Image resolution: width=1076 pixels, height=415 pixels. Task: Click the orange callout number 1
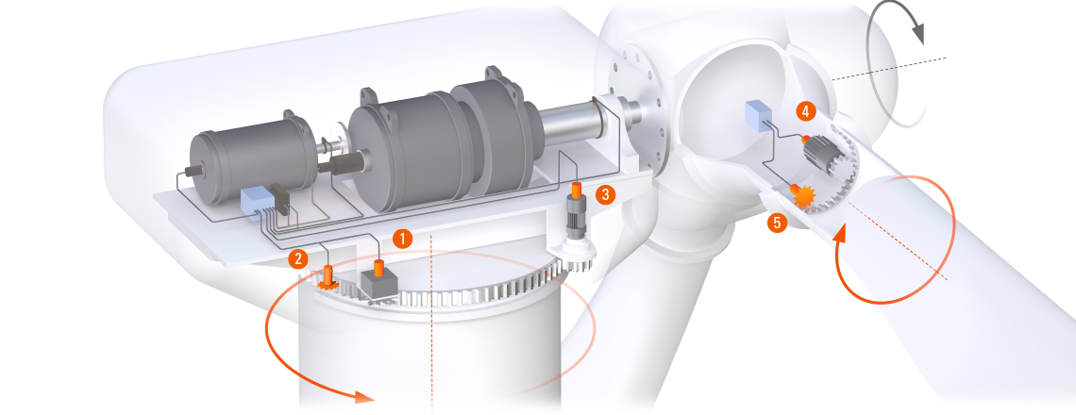[x=402, y=239]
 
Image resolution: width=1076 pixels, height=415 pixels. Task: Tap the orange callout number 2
[x=298, y=257]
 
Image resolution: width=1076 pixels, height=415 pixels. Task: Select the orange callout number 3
[x=605, y=194]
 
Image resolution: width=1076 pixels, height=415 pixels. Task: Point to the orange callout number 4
[x=807, y=109]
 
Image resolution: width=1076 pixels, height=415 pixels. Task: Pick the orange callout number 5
[x=777, y=223]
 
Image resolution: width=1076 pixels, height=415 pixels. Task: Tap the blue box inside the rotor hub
[x=758, y=116]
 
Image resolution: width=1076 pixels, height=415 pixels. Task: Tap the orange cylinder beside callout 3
[x=577, y=189]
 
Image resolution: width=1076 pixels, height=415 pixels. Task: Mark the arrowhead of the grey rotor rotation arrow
[x=917, y=33]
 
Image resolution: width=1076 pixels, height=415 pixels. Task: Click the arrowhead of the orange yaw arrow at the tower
[x=363, y=396]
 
